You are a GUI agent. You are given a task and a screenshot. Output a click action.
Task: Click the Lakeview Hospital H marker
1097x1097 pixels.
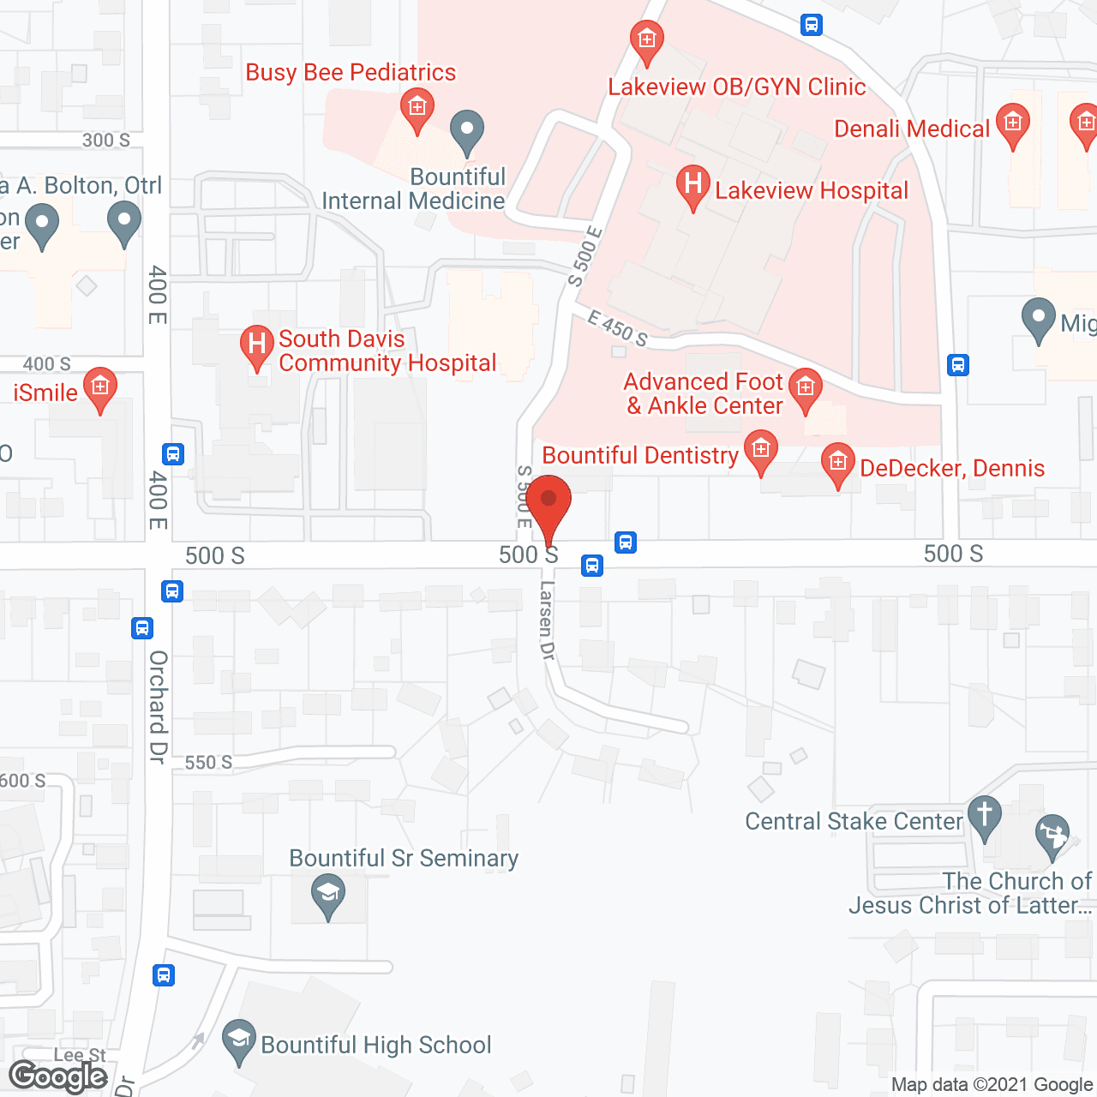692,186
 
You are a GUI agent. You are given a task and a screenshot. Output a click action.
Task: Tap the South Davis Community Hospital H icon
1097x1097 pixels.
256,345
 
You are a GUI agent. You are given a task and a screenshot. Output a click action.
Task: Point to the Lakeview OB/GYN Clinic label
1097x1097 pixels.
737,87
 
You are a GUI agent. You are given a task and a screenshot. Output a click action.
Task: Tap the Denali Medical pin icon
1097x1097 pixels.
1013,125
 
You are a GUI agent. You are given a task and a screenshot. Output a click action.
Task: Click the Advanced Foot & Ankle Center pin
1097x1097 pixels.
805,389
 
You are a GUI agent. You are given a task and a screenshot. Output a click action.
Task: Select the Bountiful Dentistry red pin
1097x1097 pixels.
760,451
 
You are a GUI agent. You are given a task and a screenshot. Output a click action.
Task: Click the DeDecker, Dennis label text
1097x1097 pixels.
952,468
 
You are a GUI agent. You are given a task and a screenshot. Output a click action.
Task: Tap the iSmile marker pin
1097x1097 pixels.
100,388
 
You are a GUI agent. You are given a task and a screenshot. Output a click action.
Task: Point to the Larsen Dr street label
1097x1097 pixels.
547,620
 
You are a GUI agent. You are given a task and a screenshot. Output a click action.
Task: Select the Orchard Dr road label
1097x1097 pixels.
158,706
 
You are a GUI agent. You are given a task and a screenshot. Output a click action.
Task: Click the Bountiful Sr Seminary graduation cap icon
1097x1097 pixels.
327,895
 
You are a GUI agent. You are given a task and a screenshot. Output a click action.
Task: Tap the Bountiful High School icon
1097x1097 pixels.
239,1040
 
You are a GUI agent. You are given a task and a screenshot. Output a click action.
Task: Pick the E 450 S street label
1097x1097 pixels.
617,329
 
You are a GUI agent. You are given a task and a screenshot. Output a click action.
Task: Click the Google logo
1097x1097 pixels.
58,1076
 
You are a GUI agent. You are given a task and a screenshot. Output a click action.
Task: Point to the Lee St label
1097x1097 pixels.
80,1055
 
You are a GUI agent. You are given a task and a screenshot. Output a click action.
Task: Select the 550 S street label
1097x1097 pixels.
208,762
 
